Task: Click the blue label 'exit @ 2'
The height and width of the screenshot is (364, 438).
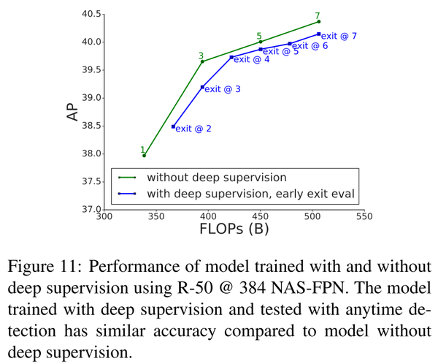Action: [193, 129]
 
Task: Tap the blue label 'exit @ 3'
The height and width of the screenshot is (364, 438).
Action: [223, 89]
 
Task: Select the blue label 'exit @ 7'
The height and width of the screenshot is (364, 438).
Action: [339, 35]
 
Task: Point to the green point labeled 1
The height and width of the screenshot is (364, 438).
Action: [144, 156]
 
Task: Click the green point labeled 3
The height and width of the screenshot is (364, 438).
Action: [202, 61]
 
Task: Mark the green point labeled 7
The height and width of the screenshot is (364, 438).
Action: [319, 21]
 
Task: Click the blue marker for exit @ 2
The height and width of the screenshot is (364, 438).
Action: [173, 126]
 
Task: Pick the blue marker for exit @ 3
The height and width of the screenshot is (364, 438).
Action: [202, 87]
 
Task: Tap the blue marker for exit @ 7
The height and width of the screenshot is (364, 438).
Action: [319, 34]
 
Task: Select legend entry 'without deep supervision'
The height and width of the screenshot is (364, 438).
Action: [216, 177]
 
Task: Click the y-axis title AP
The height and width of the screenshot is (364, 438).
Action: [73, 112]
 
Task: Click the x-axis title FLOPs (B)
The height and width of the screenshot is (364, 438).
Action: [233, 229]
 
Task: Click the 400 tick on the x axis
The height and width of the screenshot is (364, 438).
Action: [208, 216]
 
